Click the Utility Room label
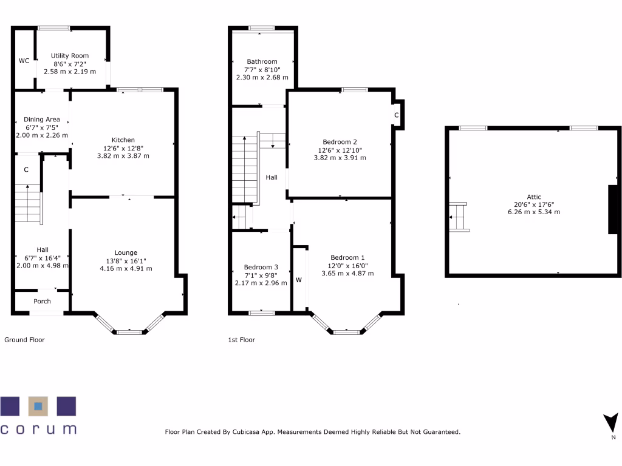click(70, 56)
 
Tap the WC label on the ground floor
click(24, 61)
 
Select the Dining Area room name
click(42, 120)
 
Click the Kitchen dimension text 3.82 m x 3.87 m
click(123, 156)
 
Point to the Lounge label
click(126, 253)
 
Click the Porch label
click(42, 302)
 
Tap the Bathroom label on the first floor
click(262, 61)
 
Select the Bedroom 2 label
click(340, 141)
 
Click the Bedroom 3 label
click(261, 267)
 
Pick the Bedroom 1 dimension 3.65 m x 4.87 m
click(347, 274)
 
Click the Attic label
click(534, 197)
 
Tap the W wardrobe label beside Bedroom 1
click(299, 280)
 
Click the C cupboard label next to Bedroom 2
click(396, 115)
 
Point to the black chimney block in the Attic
click(614, 209)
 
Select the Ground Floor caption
click(24, 340)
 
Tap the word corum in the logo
click(39, 428)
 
